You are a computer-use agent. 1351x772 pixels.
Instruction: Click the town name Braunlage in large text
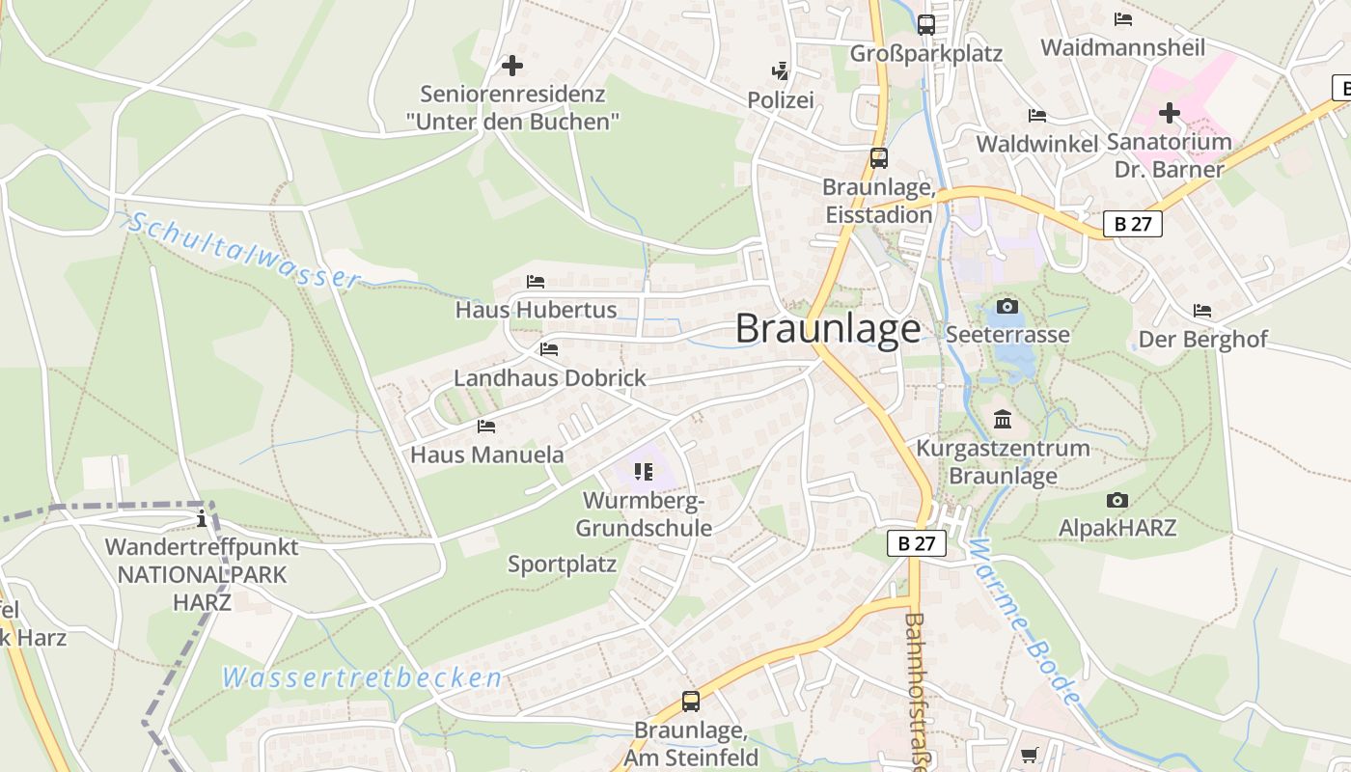(x=828, y=329)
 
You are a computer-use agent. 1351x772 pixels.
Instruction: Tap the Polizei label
(x=781, y=99)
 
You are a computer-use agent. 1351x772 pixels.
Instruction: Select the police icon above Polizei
(x=780, y=70)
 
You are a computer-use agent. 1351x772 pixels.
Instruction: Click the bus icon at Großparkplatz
(x=926, y=24)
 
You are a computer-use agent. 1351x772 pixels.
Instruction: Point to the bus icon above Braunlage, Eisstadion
(x=878, y=157)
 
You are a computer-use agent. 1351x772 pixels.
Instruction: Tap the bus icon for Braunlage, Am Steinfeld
(x=691, y=701)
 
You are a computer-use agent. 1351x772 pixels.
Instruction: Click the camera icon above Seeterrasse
(x=1007, y=306)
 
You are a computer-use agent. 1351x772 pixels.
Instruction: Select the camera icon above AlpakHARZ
(x=1117, y=500)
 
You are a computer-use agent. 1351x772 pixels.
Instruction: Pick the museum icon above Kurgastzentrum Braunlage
(x=1003, y=420)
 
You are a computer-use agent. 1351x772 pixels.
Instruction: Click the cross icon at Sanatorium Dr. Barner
(x=1170, y=113)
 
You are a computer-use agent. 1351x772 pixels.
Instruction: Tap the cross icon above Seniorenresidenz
(x=512, y=66)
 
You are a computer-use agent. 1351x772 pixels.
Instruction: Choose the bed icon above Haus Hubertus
(x=536, y=282)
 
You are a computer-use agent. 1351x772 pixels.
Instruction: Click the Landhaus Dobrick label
(x=550, y=377)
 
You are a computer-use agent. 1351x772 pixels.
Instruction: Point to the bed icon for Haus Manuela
(x=486, y=426)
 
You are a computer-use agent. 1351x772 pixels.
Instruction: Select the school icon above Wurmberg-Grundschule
(x=644, y=472)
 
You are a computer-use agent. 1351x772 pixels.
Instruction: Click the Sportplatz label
(x=562, y=565)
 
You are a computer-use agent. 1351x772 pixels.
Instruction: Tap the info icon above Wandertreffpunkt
(x=202, y=519)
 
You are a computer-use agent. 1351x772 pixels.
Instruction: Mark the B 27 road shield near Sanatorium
(x=1133, y=224)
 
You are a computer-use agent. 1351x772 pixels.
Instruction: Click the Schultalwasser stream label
(x=244, y=250)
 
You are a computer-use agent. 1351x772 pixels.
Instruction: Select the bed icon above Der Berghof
(x=1202, y=311)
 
